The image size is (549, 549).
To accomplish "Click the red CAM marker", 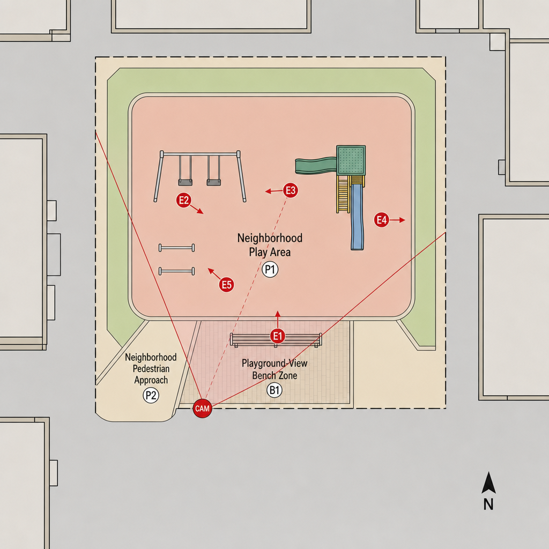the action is click(x=202, y=408).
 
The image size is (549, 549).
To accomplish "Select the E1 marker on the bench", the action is click(x=278, y=336).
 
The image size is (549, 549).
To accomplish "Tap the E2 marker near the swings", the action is click(x=183, y=200).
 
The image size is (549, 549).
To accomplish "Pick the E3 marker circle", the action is click(x=291, y=190).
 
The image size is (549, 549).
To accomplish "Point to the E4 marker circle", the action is click(x=381, y=220).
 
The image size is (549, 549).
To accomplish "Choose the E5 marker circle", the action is click(x=227, y=285).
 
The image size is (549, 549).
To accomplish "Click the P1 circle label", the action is click(x=270, y=270).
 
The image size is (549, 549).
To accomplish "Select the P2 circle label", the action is click(x=151, y=395).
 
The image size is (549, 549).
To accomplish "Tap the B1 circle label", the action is click(x=274, y=390).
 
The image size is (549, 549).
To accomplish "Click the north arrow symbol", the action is click(x=488, y=483).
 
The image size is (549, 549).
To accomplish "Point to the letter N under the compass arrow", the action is click(x=488, y=504).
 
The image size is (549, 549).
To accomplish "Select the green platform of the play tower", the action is click(x=351, y=160).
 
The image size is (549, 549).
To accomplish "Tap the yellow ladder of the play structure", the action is click(x=344, y=194).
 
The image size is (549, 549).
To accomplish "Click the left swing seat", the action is click(x=185, y=182).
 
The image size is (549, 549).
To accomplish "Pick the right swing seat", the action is click(x=213, y=182).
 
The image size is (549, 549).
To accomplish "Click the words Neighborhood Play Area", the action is click(x=270, y=244).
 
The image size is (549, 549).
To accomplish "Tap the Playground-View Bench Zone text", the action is click(x=274, y=369).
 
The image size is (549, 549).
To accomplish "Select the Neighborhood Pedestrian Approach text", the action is click(x=151, y=368).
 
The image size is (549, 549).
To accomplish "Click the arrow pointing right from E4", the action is click(x=397, y=220).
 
